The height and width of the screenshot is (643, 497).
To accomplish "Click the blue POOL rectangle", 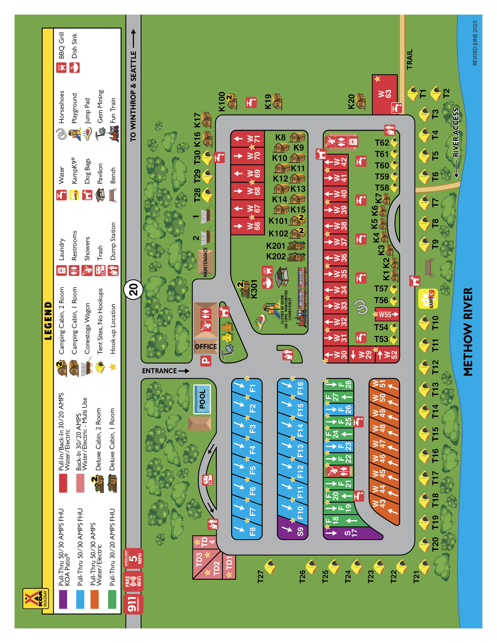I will pyautogui.click(x=202, y=399).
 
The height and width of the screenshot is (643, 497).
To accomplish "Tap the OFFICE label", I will pyautogui.click(x=206, y=347).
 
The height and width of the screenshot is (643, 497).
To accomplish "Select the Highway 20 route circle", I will pyautogui.click(x=133, y=290).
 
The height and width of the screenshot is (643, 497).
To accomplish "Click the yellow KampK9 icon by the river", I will pyautogui.click(x=428, y=299).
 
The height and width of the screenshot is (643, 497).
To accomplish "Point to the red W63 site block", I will pyautogui.click(x=385, y=94).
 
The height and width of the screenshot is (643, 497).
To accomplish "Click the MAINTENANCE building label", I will pyautogui.click(x=206, y=262).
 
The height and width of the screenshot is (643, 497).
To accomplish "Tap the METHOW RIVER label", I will pyautogui.click(x=467, y=331).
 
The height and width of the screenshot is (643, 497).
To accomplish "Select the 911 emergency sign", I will pyautogui.click(x=133, y=604).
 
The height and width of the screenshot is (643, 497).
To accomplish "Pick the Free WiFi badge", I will pyautogui.click(x=133, y=581).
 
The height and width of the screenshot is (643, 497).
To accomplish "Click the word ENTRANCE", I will pyautogui.click(x=159, y=371).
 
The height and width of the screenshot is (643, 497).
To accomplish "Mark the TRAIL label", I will pyautogui.click(x=409, y=59).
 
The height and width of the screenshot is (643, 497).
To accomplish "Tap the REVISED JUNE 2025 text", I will pyautogui.click(x=474, y=43).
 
